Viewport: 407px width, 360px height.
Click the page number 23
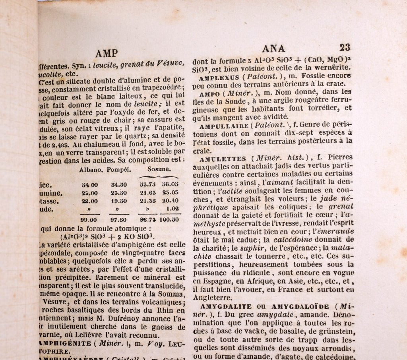tap(345, 47)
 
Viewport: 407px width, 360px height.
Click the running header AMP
tap(107, 53)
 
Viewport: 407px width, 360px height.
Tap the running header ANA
tap(274, 48)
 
